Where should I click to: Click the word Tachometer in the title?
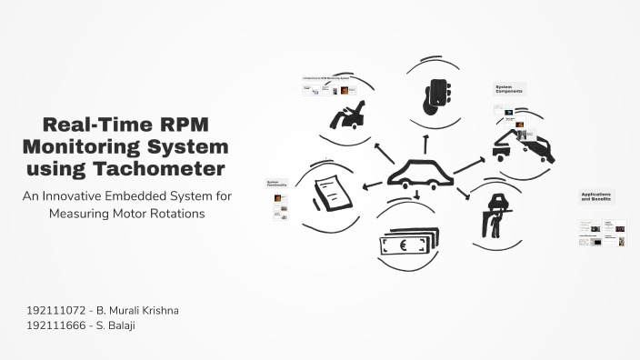(x=169, y=168)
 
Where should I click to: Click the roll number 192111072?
(x=57, y=310)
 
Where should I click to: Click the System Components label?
(x=510, y=89)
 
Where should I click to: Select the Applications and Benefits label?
(x=596, y=196)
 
